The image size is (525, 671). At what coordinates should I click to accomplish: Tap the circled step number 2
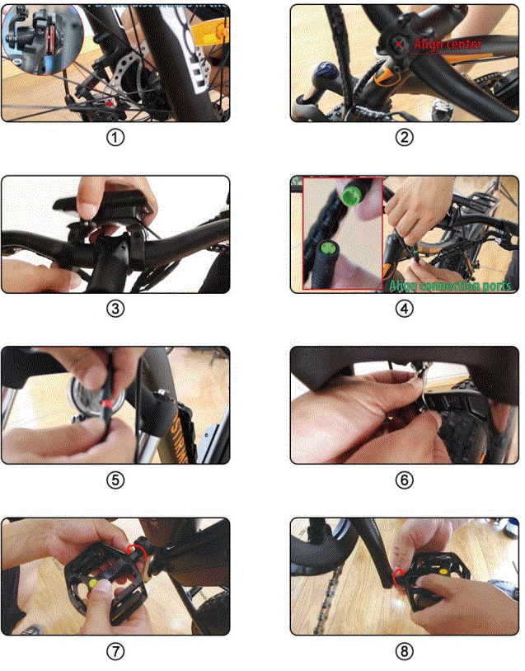click(x=404, y=138)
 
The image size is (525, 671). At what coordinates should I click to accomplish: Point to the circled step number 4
click(x=404, y=309)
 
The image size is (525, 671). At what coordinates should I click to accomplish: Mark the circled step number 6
click(x=404, y=480)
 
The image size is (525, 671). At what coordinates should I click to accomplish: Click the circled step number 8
click(x=404, y=651)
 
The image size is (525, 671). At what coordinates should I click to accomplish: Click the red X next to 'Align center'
click(x=400, y=42)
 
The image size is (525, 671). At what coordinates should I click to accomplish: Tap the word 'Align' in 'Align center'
click(x=429, y=43)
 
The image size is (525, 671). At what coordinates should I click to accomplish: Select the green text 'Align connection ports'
click(x=450, y=286)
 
